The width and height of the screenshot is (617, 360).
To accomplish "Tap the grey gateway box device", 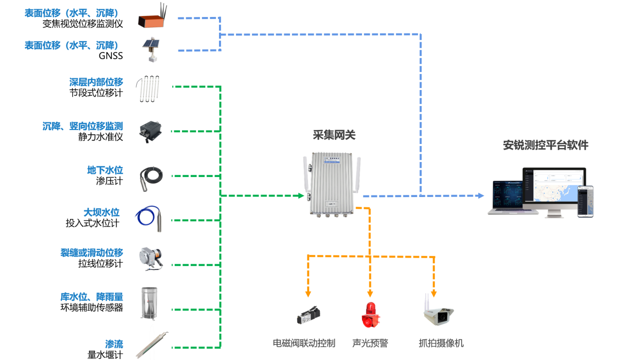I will pyautogui.click(x=333, y=183).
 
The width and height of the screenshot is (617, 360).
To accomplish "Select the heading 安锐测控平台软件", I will pyautogui.click(x=545, y=145).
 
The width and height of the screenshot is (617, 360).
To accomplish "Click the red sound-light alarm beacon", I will pyautogui.click(x=370, y=315).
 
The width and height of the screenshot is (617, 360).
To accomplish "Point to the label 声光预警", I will pyautogui.click(x=370, y=343).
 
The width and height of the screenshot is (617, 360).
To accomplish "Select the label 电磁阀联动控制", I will pyautogui.click(x=304, y=343).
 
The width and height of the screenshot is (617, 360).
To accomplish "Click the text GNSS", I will pyautogui.click(x=110, y=56).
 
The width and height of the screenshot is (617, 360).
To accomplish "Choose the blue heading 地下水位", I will pyautogui.click(x=105, y=170).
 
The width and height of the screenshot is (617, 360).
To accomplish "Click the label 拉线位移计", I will pyautogui.click(x=100, y=264).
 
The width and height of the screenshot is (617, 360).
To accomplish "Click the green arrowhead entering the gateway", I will pyautogui.click(x=301, y=196).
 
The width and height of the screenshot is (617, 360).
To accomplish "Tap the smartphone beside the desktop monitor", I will pyautogui.click(x=585, y=201).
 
